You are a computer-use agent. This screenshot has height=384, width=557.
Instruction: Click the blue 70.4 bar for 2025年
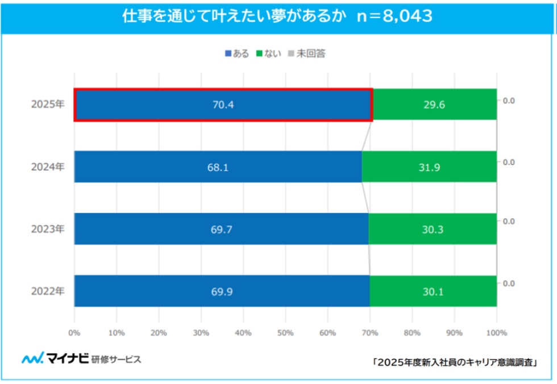pyautogui.click(x=223, y=105)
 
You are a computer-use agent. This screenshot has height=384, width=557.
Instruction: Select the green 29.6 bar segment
pyautogui.click(x=434, y=105)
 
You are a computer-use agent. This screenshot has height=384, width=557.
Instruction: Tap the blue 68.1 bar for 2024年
pyautogui.click(x=218, y=167)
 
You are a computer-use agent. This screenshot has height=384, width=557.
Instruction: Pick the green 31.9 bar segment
pyautogui.click(x=429, y=167)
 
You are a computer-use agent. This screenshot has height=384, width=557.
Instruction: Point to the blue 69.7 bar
pyautogui.click(x=221, y=229)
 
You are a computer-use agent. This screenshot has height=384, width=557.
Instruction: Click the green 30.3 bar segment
pyautogui.click(x=433, y=229)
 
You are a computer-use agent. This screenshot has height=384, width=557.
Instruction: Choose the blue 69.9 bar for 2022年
pyautogui.click(x=222, y=291)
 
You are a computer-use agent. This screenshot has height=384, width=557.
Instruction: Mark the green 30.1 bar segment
pyautogui.click(x=433, y=291)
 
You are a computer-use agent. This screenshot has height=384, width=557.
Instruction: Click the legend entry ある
pyautogui.click(x=237, y=53)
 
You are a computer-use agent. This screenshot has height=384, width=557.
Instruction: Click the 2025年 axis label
pyautogui.click(x=48, y=105)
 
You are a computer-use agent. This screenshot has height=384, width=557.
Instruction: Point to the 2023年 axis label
pyautogui.click(x=48, y=229)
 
